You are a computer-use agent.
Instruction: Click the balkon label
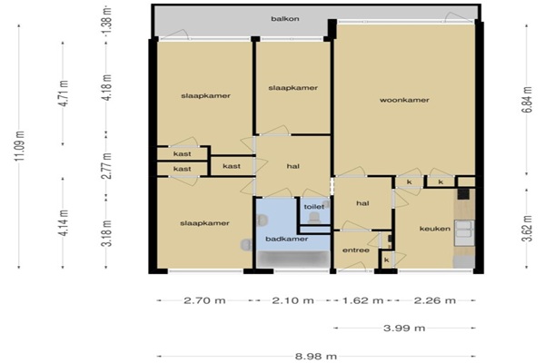pos(285,19)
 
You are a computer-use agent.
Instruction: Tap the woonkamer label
pos(404,100)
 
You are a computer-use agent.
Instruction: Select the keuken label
pos(435,229)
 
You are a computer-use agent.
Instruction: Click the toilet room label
pos(314,207)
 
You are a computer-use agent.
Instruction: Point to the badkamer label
pos(287,239)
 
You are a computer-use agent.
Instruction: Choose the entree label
pos(356,250)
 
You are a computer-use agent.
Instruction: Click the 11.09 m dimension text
pos(19,146)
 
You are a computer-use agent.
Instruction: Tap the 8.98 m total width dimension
pos(316,356)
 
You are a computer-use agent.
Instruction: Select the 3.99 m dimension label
pos(404,328)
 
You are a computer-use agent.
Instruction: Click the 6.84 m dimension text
pos(527,100)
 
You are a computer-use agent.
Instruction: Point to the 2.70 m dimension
pos(204,300)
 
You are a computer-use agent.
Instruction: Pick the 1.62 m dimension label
pos(362,300)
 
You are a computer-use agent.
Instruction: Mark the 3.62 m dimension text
pos(527,228)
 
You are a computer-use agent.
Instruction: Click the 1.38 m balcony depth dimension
pos(107,20)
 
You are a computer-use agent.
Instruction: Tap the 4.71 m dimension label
pos(64,93)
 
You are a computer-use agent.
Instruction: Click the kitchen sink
pos(464,232)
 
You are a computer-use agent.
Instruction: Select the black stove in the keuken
pos(463,194)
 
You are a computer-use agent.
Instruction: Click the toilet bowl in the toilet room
pos(314,218)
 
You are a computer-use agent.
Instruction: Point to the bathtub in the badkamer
pos(293,260)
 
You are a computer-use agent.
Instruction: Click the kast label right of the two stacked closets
pos(232,166)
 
